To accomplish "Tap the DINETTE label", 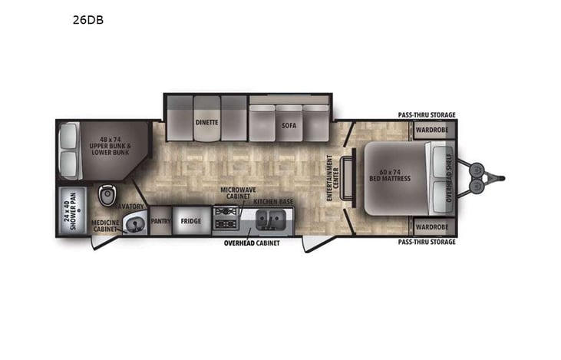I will point(206,122).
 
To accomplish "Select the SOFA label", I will point(289,125).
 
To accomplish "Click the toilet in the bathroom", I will point(107,193).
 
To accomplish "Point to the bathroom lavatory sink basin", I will point(135,223).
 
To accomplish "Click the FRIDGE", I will point(190,221).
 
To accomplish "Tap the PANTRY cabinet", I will point(160,221).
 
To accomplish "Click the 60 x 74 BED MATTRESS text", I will point(394,176).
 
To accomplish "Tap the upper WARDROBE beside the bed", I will point(431,130).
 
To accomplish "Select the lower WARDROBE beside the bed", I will point(431,226).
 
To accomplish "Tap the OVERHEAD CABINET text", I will point(252,243).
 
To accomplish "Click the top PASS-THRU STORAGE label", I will point(427,115).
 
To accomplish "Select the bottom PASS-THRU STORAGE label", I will point(427,242).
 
